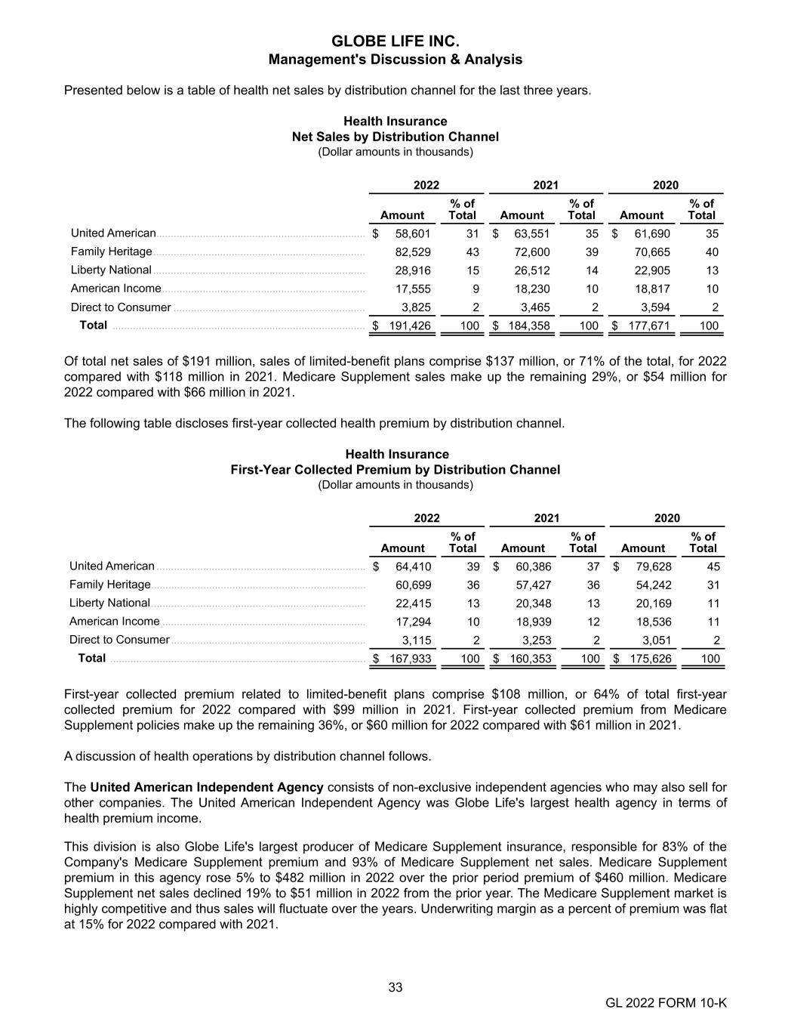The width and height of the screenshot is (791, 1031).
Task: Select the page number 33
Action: click(395, 987)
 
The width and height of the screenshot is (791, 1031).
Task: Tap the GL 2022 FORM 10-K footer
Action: click(666, 1003)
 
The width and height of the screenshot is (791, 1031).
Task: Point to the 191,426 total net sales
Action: click(409, 326)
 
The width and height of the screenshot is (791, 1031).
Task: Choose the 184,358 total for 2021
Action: click(528, 326)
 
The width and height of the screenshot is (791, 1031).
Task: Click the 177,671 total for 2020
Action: click(648, 326)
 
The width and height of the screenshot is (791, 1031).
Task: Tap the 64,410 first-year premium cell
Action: click(414, 566)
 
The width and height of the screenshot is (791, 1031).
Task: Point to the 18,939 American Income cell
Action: click(534, 622)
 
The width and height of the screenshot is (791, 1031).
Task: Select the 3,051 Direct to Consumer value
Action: click(657, 640)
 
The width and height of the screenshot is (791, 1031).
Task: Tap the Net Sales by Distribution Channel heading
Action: click(395, 137)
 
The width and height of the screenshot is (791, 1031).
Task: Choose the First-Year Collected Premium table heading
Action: click(395, 470)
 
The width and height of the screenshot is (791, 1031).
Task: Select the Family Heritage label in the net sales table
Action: click(112, 252)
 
